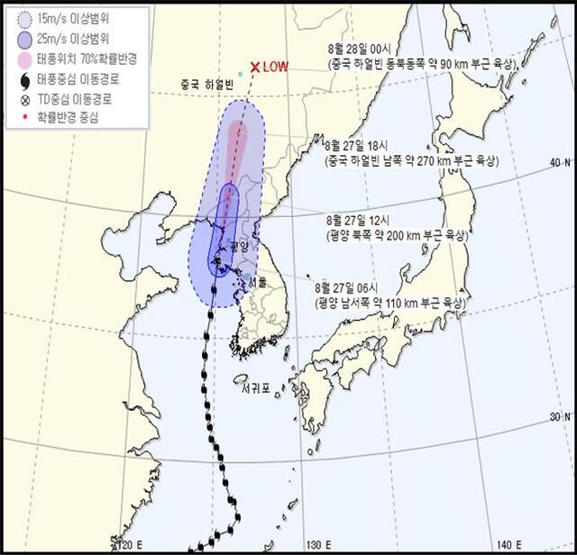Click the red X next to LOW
256,67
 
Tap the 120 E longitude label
130,544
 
